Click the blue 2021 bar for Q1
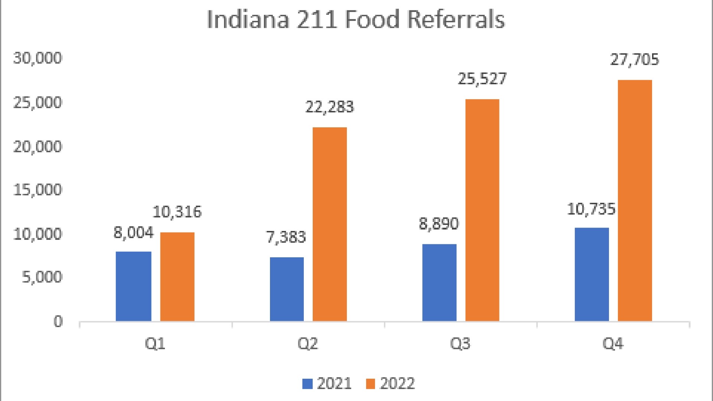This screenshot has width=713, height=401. click(133, 286)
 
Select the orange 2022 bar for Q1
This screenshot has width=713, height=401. click(177, 277)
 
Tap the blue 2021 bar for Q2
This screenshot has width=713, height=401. click(287, 289)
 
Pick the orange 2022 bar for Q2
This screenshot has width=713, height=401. click(329, 224)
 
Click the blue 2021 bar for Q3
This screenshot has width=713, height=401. click(439, 283)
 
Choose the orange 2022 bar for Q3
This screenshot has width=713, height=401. click(482, 210)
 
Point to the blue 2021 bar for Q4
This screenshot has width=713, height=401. click(592, 274)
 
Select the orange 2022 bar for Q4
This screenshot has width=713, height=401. click(635, 200)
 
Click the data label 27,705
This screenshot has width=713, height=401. click(634, 60)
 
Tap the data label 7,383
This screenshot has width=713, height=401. click(286, 237)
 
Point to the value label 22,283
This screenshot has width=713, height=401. click(329, 107)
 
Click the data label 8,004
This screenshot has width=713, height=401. click(133, 233)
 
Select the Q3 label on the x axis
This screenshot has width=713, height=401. click(460, 344)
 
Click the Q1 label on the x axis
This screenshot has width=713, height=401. click(155, 344)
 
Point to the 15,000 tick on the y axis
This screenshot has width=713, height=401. click(38, 190)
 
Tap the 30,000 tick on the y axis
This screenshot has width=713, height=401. click(38, 58)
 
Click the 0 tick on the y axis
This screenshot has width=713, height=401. click(58, 322)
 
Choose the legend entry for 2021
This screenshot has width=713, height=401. click(327, 384)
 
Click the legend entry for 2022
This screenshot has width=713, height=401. click(390, 384)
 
